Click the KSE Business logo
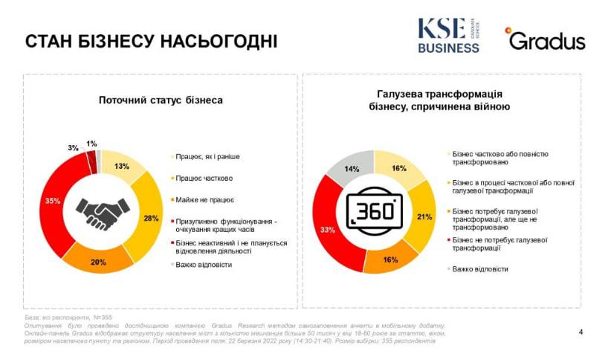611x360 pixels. pyautogui.click(x=448, y=35)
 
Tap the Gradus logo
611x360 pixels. pyautogui.click(x=546, y=39)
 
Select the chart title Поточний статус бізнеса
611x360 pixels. pyautogui.click(x=161, y=100)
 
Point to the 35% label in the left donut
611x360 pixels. pyautogui.click(x=53, y=200)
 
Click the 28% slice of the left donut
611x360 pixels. pyautogui.click(x=152, y=217)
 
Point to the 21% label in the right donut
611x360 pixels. pyautogui.click(x=424, y=216)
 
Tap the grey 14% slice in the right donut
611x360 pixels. pyautogui.click(x=352, y=169)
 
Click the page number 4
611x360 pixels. pyautogui.click(x=581, y=332)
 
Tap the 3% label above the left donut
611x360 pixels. pyautogui.click(x=73, y=148)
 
